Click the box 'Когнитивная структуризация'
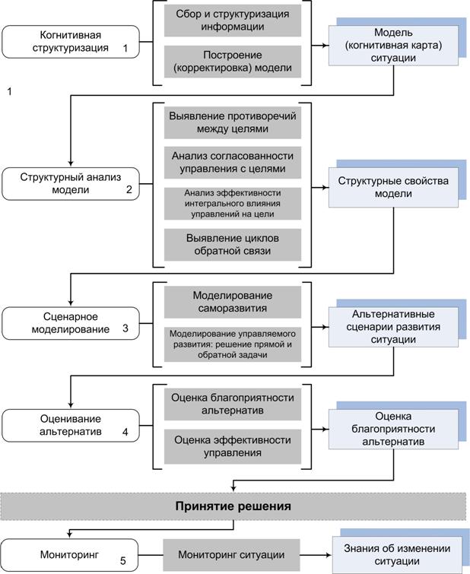click(x=71, y=42)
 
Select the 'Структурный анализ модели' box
click(x=71, y=184)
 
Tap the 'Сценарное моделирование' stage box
click(x=71, y=323)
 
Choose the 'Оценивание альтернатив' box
click(x=71, y=426)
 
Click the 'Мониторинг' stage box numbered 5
click(x=70, y=555)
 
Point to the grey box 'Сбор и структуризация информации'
click(x=233, y=21)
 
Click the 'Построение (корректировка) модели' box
click(x=233, y=62)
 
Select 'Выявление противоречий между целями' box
click(x=233, y=122)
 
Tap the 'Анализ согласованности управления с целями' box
click(x=233, y=163)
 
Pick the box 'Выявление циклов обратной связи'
click(x=233, y=245)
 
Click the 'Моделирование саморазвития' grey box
click(x=233, y=302)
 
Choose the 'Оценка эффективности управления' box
click(x=233, y=446)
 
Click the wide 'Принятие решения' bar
click(x=233, y=506)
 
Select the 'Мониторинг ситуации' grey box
click(x=231, y=555)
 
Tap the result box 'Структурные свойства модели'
click(x=393, y=188)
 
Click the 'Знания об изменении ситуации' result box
click(x=397, y=555)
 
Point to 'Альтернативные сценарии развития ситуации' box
click(x=393, y=327)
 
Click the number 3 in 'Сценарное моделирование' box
click(x=125, y=328)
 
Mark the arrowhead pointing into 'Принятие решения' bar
click(x=233, y=488)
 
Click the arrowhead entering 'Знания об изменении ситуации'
click(x=329, y=555)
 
